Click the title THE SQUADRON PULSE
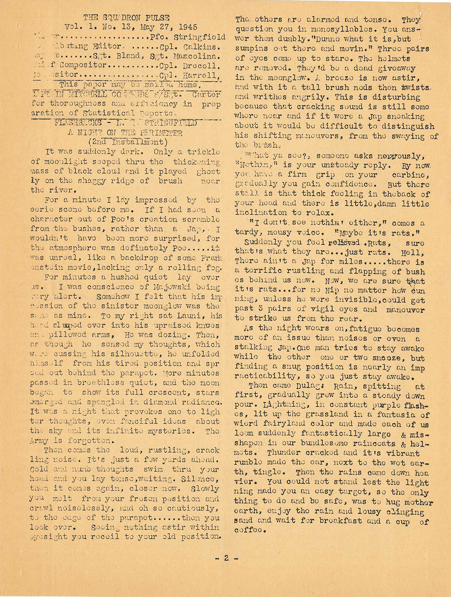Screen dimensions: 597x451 pos(126,18)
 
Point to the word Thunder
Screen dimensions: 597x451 pos(284,453)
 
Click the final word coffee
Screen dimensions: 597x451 pos(249,530)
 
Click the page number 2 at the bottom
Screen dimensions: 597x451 pos(225,558)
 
